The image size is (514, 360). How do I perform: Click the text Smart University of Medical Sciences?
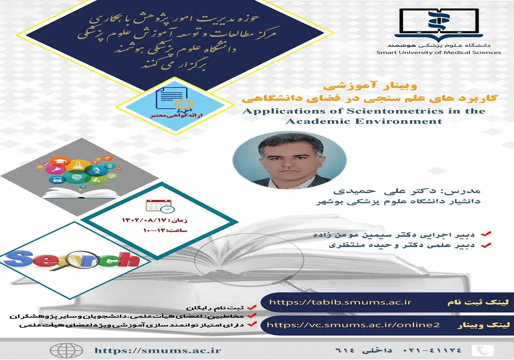(x=438, y=52)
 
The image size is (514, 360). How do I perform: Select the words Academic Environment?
(x=363, y=121)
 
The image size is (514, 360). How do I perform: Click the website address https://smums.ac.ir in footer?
(x=158, y=350)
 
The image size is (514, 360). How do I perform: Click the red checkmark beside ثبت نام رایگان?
(x=251, y=307)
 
